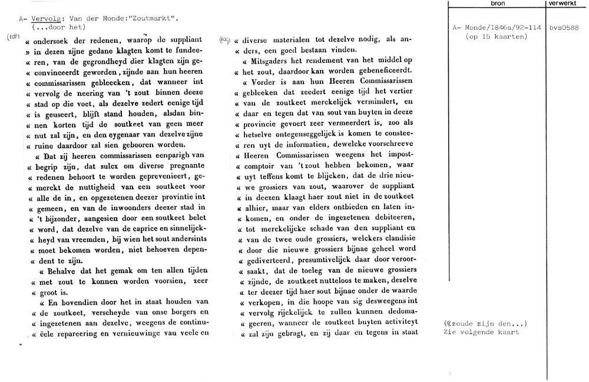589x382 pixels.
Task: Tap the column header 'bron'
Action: click(x=498, y=4)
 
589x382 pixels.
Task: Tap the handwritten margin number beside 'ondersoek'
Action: click(x=13, y=38)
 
